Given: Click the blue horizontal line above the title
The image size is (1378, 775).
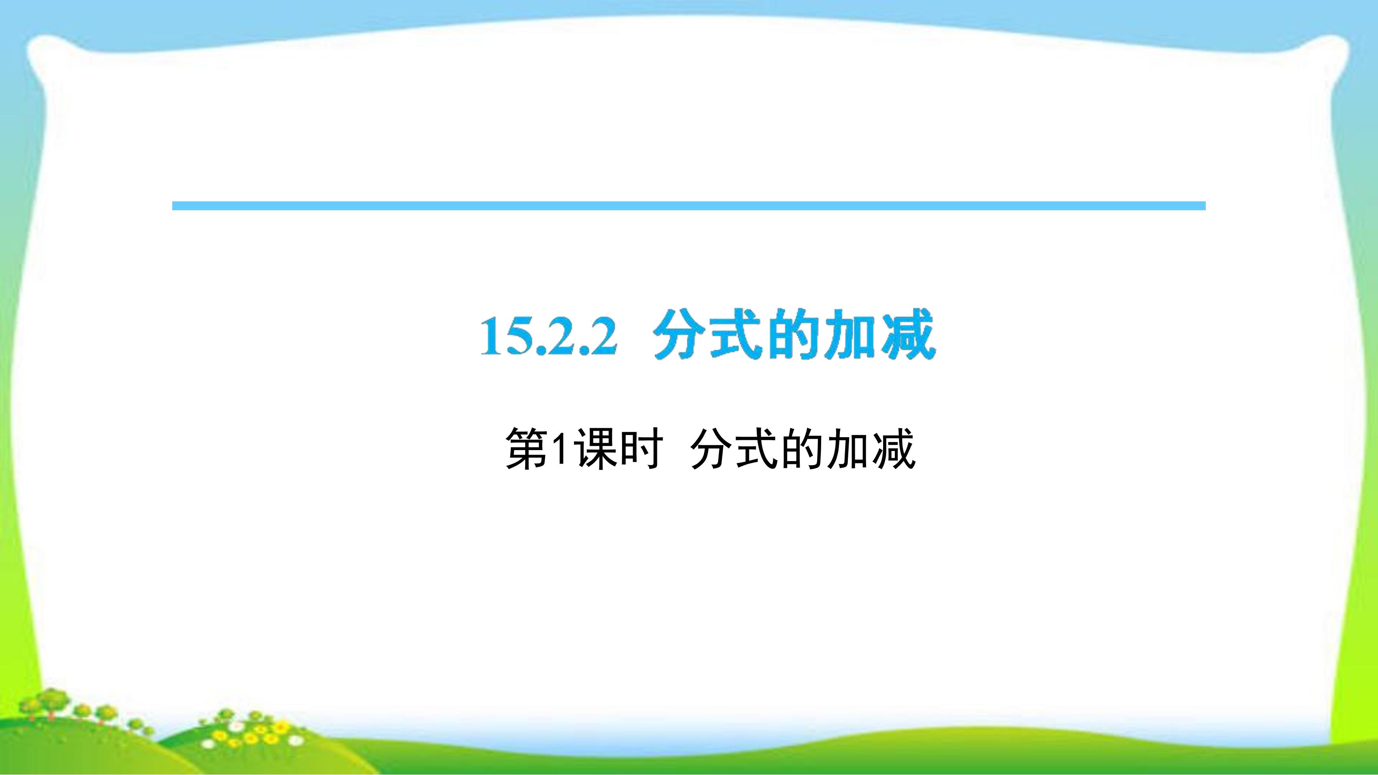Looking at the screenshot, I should tap(689, 206).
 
